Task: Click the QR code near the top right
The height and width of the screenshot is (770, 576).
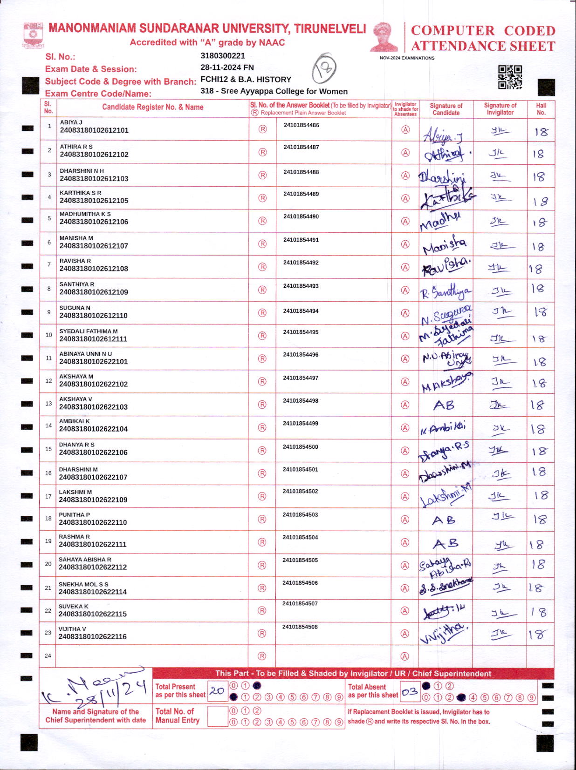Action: pos(510,77)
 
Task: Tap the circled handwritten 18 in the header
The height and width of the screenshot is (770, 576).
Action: pos(324,69)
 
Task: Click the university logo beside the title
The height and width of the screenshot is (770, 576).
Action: pos(33,35)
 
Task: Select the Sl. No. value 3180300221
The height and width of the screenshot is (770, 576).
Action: pos(223,56)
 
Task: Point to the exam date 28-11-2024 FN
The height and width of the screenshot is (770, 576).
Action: pos(227,68)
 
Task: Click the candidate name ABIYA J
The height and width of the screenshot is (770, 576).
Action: pos(71,122)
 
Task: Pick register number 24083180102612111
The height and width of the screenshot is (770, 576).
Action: pos(93,339)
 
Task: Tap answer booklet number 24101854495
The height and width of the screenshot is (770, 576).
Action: pos(301,332)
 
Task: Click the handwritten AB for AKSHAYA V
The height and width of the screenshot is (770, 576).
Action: pos(444,405)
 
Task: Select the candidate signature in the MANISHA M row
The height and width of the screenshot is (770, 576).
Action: pos(444,246)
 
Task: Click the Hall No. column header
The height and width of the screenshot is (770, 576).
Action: pos(541,109)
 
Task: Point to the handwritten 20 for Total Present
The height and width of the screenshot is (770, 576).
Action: pos(217,691)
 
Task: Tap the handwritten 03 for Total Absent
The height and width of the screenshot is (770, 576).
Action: pos(409,692)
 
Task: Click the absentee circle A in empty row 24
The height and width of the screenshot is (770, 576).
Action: pos(405,656)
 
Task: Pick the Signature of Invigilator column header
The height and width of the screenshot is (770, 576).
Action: pos(500,109)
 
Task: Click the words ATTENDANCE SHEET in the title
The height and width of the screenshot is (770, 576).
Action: pos(483,46)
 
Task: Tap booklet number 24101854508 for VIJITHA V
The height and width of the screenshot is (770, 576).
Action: pos(300,627)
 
